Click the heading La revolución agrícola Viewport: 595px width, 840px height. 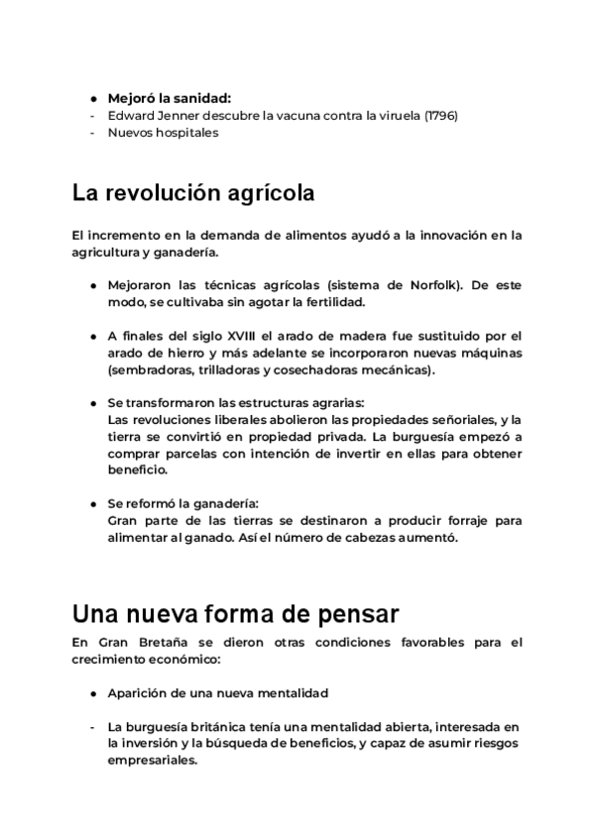pyautogui.click(x=193, y=193)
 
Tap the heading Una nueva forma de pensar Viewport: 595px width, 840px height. pyautogui.click(x=236, y=612)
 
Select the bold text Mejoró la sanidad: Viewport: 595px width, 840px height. pyautogui.click(x=169, y=98)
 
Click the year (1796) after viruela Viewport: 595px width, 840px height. pyautogui.click(x=440, y=115)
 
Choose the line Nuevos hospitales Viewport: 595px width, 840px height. pyautogui.click(x=163, y=132)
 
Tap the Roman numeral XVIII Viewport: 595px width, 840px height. pyautogui.click(x=239, y=336)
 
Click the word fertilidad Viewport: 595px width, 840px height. pyautogui.click(x=332, y=302)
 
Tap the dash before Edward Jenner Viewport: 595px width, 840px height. pyautogui.click(x=91, y=115)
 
